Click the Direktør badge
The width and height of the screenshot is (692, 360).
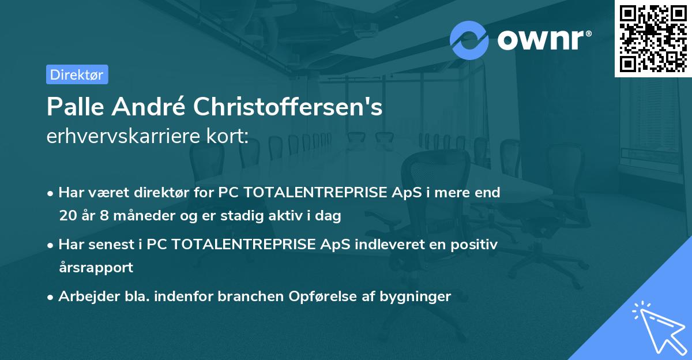[77, 74]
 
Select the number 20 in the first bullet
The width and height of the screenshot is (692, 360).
[67, 216]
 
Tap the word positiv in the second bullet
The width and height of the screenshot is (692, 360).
[477, 244]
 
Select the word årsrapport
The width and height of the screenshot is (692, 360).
[96, 268]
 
